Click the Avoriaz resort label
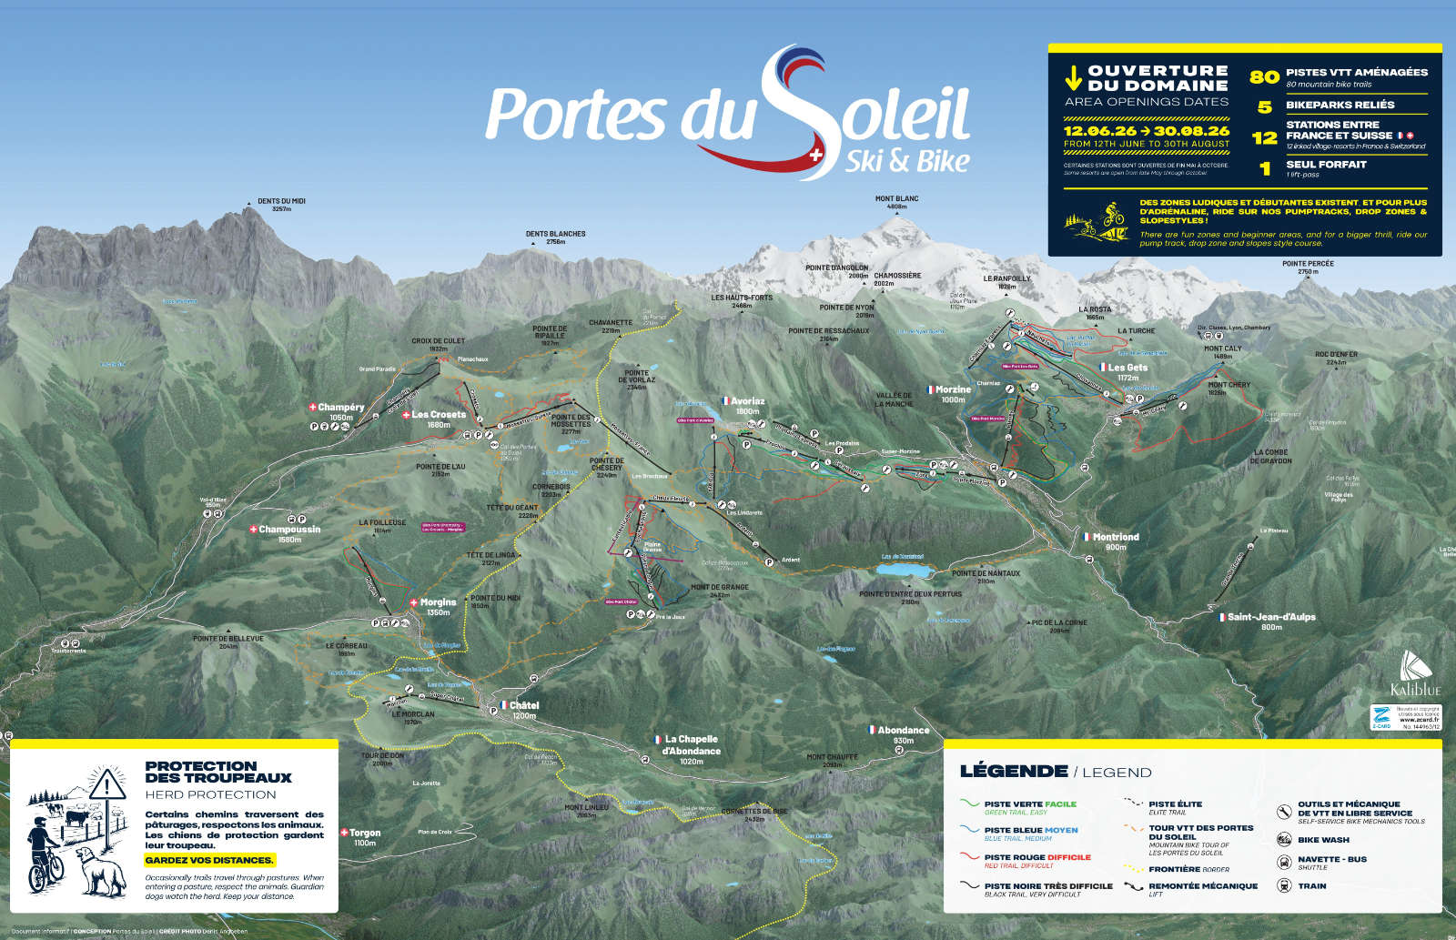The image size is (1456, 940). pos(747,401)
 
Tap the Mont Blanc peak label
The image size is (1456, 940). pos(896,199)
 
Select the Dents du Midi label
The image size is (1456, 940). pos(281,202)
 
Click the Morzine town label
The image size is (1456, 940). pos(952,389)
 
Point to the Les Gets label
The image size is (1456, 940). pos(1127,368)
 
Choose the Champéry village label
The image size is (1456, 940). pos(341,408)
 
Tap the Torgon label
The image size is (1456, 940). pos(364,833)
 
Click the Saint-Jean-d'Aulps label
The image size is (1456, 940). pos(1270,617)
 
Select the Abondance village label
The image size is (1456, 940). pos(903,730)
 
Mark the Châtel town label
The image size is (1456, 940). pos(523,705)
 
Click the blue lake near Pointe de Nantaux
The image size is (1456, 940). pos(905,570)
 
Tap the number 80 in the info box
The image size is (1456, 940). pos(1264,77)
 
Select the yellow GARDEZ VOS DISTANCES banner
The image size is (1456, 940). pos(209,860)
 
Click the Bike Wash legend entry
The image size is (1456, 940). pos(1323,840)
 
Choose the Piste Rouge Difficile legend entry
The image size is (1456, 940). pos(1036,857)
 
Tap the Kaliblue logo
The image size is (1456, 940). pos(1415,674)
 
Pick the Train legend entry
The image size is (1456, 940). pos(1311,885)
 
